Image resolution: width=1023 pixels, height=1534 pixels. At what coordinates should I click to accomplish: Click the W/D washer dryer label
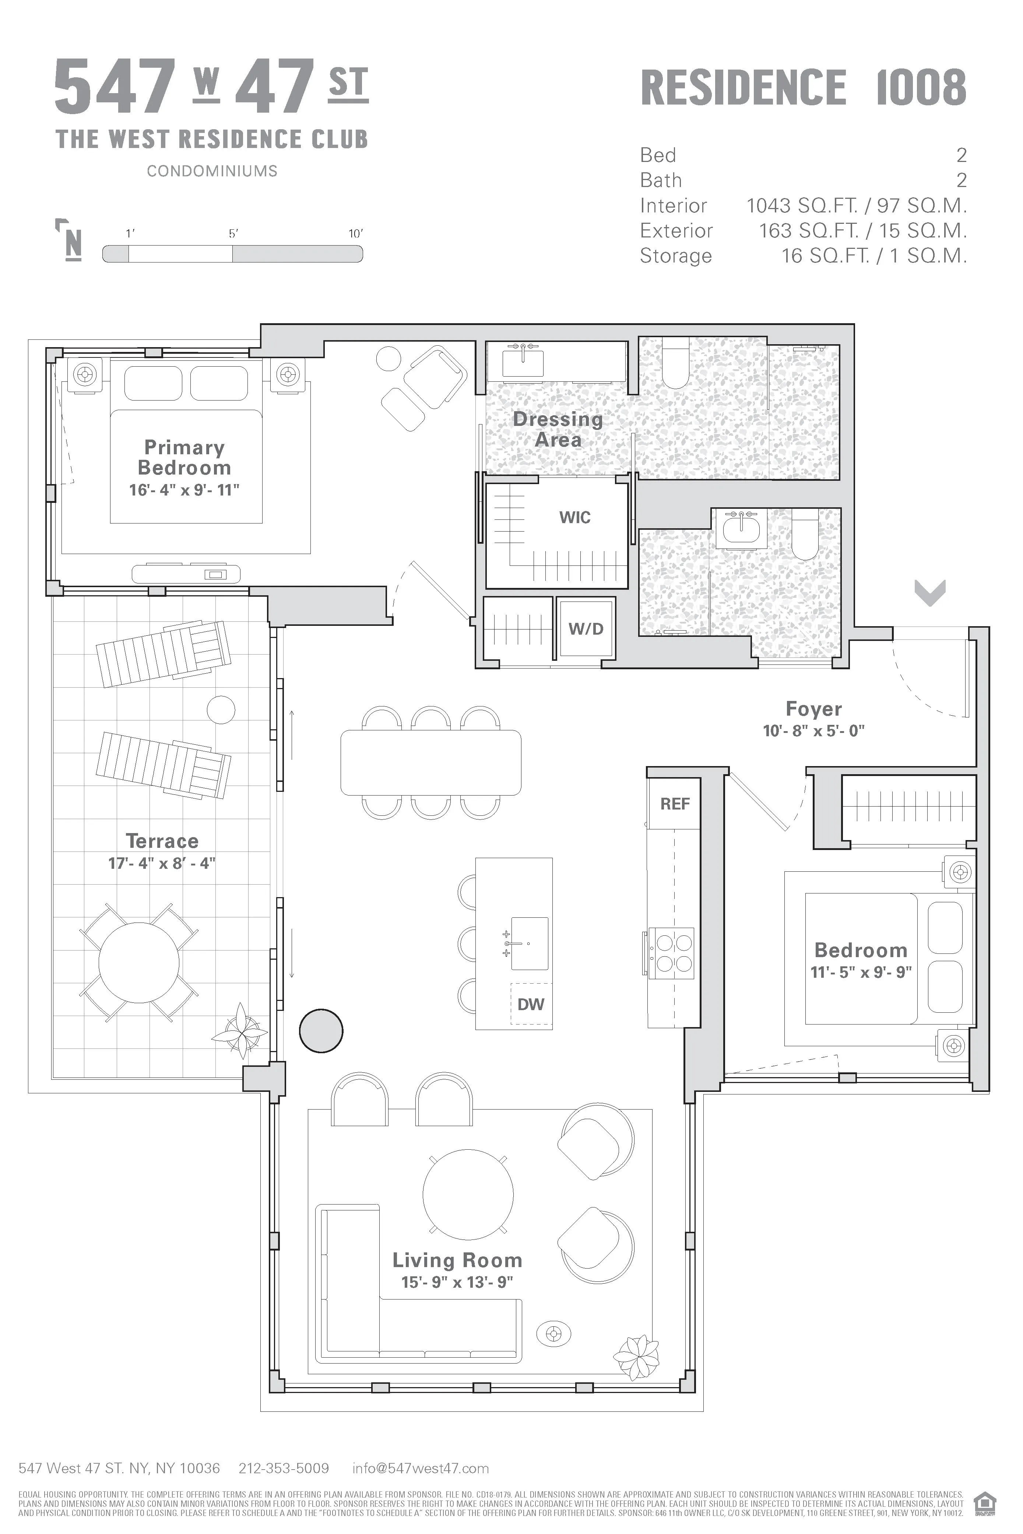tap(585, 629)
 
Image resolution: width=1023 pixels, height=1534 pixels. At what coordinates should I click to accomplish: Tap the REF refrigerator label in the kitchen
tap(675, 804)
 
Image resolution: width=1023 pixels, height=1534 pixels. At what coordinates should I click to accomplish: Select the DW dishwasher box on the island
tap(530, 1004)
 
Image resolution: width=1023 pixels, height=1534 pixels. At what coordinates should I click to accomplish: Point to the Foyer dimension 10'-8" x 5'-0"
tap(813, 730)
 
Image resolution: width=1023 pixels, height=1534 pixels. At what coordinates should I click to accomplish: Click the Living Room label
tap(457, 1260)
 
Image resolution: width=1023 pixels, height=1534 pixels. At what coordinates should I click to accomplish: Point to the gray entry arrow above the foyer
tap(930, 593)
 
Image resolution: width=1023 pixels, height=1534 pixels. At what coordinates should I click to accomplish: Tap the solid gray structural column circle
tap(321, 1030)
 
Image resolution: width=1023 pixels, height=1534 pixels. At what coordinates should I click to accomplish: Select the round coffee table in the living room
tap(468, 1193)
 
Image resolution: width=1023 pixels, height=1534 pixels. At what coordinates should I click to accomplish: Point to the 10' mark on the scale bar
tap(356, 233)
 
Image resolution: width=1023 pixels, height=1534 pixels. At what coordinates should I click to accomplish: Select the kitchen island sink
tap(529, 943)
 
